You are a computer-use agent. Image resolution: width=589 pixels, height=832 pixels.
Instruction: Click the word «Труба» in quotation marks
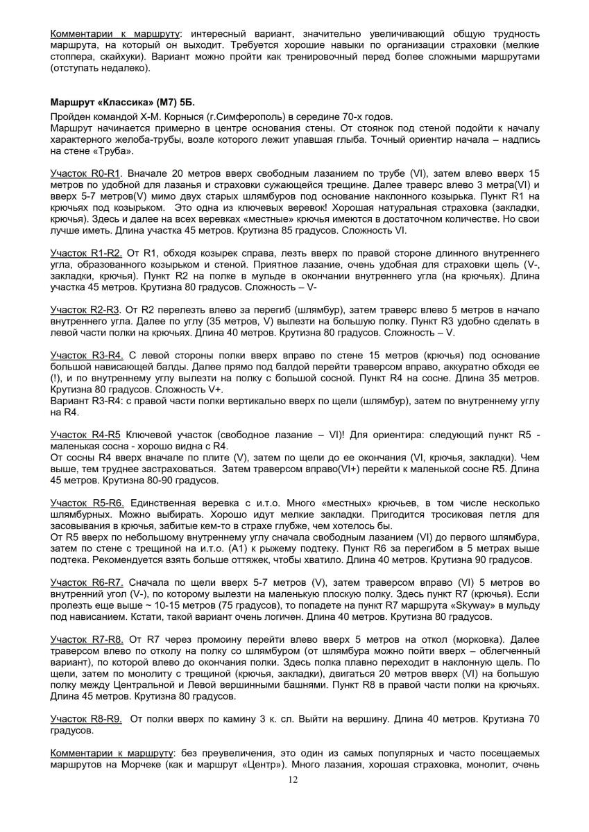[115, 151]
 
